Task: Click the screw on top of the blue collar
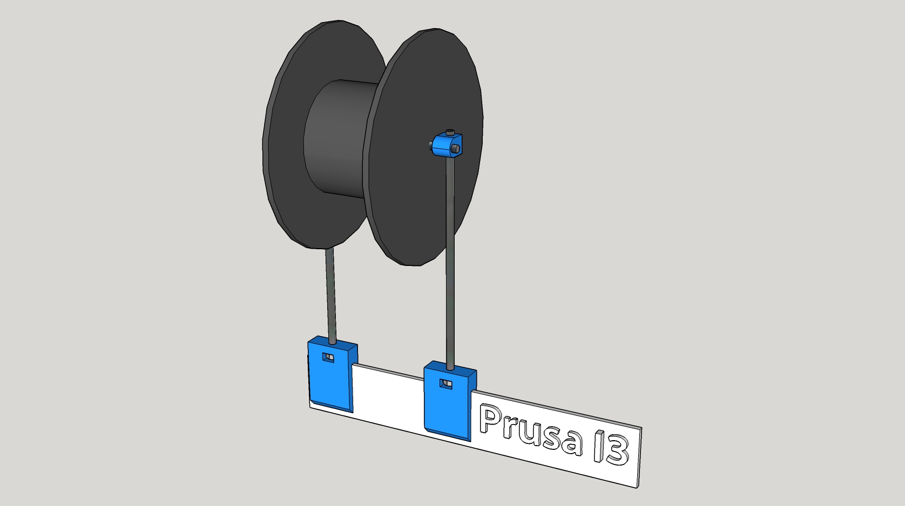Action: point(450,132)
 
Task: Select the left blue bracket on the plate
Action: point(332,374)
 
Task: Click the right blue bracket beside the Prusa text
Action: point(449,400)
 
